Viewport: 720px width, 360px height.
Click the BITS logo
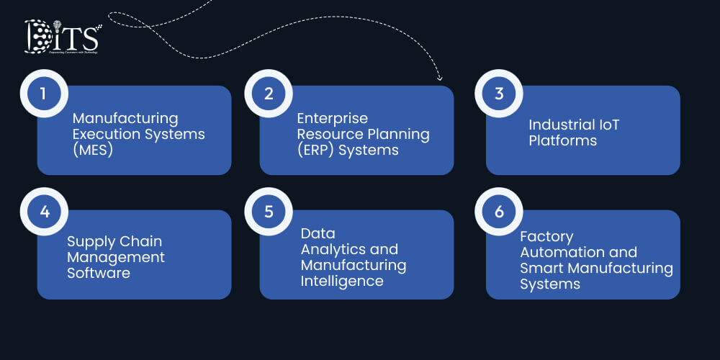click(x=63, y=37)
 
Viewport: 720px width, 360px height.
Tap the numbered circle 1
click(x=43, y=94)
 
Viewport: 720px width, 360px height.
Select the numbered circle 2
click(x=268, y=94)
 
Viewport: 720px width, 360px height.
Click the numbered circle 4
click(x=43, y=212)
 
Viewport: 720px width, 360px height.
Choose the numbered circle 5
click(x=268, y=212)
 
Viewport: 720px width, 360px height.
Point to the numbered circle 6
click(x=499, y=212)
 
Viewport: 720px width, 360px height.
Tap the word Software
click(x=99, y=273)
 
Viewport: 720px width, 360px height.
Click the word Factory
click(x=546, y=236)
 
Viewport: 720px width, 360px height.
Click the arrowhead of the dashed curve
click(x=440, y=78)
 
